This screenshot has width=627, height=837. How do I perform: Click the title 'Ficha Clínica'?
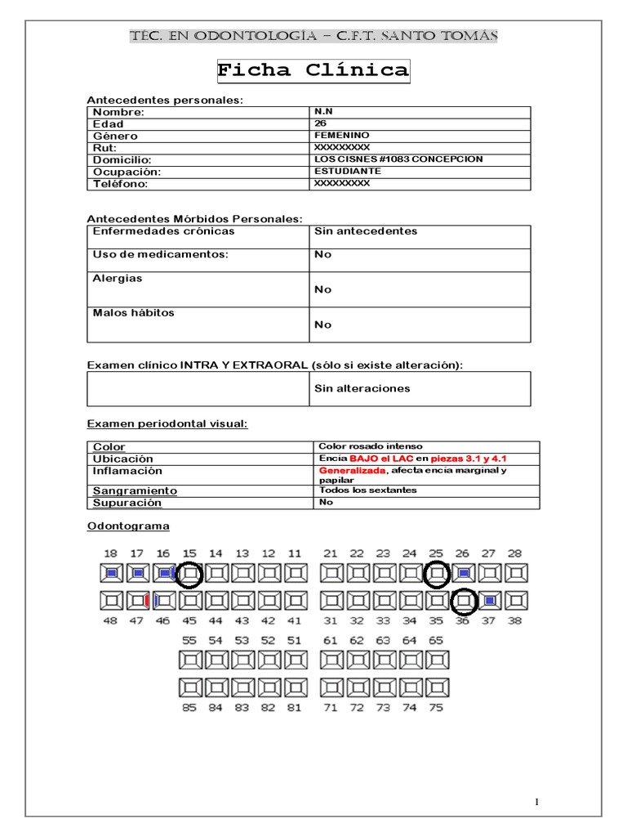pos(313,70)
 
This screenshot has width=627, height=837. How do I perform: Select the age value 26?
pos(320,123)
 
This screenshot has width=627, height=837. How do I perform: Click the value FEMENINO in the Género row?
pos(341,135)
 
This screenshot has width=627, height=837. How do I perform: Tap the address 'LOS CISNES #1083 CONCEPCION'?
pos(398,159)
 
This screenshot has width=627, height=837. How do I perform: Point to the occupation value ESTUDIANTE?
pos(347,172)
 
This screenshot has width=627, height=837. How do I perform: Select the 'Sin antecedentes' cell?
pos(366,231)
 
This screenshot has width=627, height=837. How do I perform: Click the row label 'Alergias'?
pos(118,279)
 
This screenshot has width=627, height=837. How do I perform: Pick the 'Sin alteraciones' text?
pos(362,388)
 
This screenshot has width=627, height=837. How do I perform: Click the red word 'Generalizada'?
pos(350,472)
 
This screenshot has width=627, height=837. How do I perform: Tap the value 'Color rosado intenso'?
pos(371,446)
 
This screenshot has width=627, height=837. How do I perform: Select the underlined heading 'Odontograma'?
pos(127,526)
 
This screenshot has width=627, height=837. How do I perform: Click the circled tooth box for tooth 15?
pos(190,574)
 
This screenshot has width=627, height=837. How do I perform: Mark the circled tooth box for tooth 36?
pos(464,602)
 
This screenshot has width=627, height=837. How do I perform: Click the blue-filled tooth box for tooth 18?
pos(111,574)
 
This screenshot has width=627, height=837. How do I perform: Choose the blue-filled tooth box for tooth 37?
pos(490,602)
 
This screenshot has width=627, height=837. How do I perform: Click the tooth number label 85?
pos(189,708)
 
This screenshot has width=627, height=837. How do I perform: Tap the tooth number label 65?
pos(436,640)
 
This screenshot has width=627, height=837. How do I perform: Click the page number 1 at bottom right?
pos(538,800)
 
